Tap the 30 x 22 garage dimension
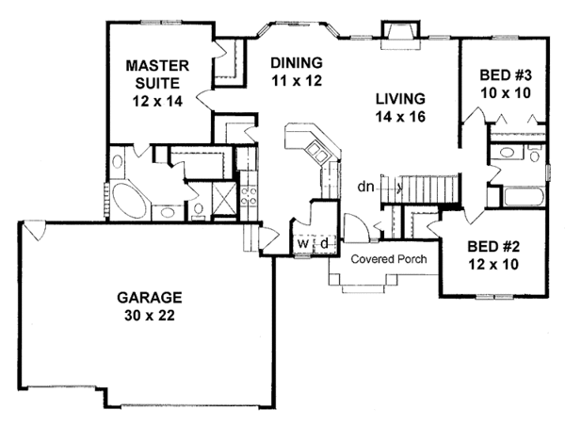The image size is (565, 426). pos(150,316)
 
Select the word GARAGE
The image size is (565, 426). pos(150,298)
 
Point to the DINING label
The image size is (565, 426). pos(297,63)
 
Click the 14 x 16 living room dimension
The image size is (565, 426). pos(400,117)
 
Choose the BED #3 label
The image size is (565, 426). pos(506,75)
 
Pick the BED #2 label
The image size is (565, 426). pos(493,247)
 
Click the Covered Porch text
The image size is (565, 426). pos(389,259)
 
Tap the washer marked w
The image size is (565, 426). pos(303,244)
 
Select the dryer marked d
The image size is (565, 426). pos(324,244)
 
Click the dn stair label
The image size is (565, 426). pos(365,187)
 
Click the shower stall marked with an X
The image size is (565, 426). pos(224,198)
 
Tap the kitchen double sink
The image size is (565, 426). pos(318,153)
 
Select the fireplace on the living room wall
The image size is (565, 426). pos(401,35)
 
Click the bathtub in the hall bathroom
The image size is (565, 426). pos(523,197)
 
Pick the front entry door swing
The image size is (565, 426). pos(355,228)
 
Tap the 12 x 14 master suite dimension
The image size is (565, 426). pos(157,102)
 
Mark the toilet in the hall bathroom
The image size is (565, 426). pos(534,155)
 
